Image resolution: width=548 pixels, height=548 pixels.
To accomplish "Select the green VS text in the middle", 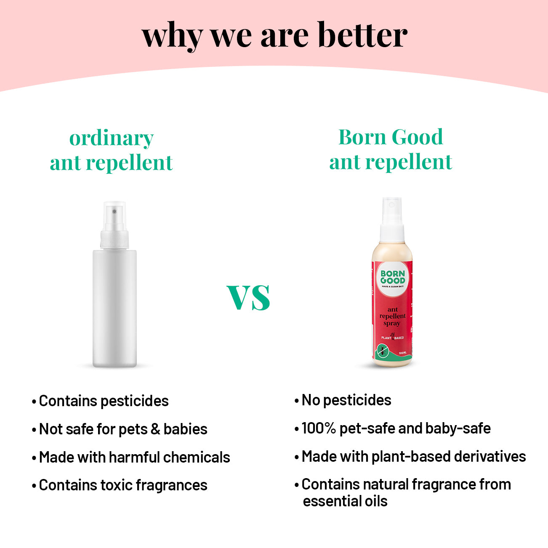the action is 248,297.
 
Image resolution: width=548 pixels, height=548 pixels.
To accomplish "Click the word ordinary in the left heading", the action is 112,139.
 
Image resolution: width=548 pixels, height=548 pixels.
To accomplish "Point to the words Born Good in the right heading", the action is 391,137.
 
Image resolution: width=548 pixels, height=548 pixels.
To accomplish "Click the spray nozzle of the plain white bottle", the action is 114,215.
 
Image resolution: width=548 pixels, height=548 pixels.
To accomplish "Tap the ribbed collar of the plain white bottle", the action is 114,240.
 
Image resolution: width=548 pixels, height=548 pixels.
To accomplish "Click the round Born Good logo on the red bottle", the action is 393,279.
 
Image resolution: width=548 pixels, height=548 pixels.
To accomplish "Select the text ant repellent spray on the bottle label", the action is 392,316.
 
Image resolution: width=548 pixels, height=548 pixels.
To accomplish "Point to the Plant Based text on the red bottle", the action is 392,338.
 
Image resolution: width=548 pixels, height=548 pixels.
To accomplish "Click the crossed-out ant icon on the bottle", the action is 383,350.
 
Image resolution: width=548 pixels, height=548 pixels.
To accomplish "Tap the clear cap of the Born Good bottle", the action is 392,210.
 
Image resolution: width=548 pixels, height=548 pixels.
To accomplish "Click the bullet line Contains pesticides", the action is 101,401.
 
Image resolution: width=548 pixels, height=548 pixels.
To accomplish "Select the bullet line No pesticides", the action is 343,400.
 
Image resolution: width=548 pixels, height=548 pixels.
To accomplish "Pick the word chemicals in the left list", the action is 197,457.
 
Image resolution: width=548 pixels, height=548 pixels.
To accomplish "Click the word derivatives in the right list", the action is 490,456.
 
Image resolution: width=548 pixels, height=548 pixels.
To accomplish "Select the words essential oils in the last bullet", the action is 345,501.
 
